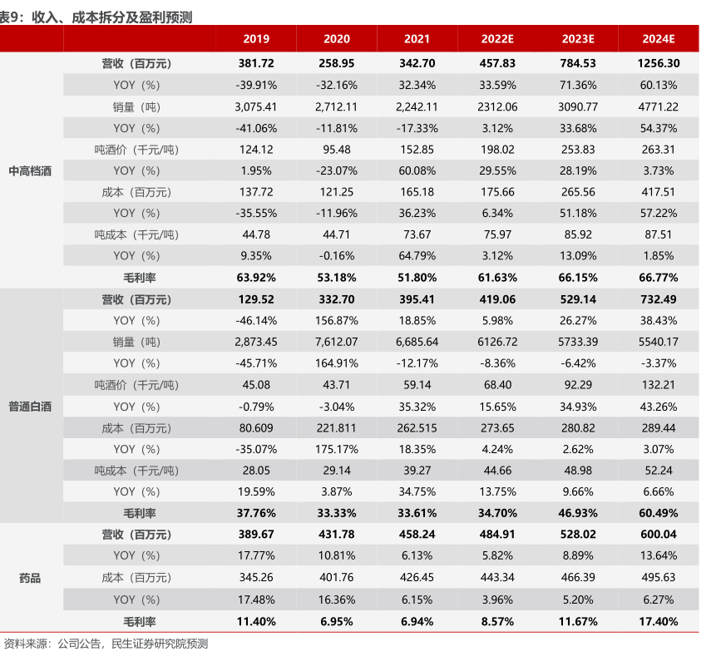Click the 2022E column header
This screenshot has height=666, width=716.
click(497, 39)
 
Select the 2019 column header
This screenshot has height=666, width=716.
click(256, 39)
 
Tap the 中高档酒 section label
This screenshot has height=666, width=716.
click(30, 171)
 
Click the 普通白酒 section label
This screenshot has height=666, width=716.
click(30, 407)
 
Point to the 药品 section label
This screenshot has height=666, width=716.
click(30, 579)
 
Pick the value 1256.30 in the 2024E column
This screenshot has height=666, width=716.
click(659, 63)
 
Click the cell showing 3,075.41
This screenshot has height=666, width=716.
click(256, 106)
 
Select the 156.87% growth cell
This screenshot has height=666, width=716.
click(337, 320)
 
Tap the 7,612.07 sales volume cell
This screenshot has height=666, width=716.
click(337, 342)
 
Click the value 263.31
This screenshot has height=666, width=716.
click(659, 150)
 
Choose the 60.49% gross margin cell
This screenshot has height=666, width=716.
click(659, 513)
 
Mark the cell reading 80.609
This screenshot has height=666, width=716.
click(256, 428)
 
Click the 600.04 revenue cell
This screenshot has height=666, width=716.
click(659, 534)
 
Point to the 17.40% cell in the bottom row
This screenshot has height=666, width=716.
click(659, 621)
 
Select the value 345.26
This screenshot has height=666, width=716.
click(256, 577)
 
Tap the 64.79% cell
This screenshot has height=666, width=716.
click(417, 255)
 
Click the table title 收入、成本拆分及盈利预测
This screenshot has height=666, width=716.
click(112, 17)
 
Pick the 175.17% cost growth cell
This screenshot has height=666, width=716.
click(337, 449)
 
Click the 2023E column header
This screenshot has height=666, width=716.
click(578, 39)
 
